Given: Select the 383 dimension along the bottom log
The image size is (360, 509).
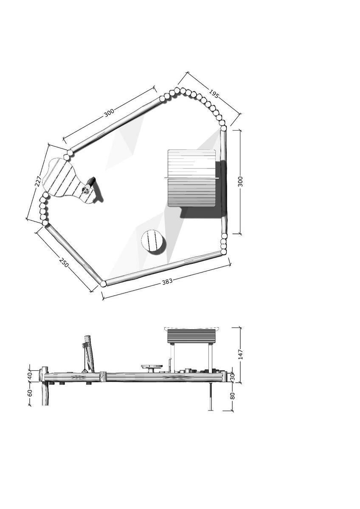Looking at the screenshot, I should tap(167, 281).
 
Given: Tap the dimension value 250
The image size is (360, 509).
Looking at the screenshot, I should tap(64, 263).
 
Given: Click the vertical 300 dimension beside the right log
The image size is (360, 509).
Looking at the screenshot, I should tap(240, 182).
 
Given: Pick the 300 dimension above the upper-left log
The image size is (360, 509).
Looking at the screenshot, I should tap(109, 112).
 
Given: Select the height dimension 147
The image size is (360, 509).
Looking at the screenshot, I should tap(240, 355).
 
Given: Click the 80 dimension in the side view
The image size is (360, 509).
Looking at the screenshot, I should tap(232, 396).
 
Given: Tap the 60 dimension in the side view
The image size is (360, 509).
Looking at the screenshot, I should tap(30, 393).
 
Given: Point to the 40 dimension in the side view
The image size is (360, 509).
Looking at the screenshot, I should tap(30, 375).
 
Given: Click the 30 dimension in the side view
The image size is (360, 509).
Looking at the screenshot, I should tap(232, 376).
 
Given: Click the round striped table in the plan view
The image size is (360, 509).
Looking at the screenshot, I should tap(152, 241).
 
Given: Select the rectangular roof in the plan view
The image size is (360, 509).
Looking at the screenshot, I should tap(191, 178).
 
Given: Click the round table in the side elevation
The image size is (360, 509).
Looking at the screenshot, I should tap(152, 367).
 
